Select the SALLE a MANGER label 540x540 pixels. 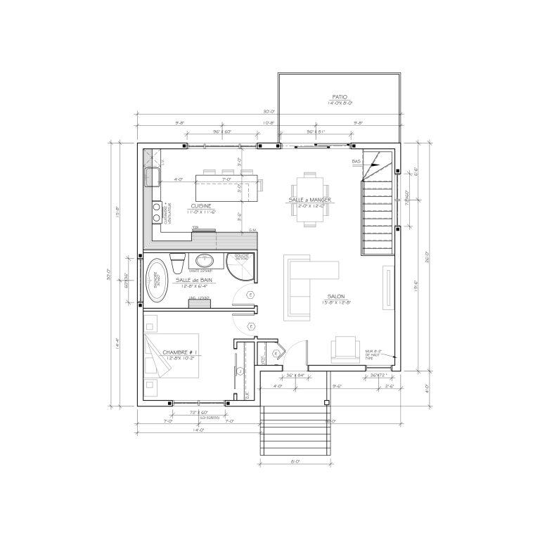coord(309,200)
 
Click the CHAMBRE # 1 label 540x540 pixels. coord(182,352)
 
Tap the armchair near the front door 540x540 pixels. coord(345,348)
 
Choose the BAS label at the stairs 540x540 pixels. coord(356,162)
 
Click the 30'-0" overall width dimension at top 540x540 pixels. coord(268,112)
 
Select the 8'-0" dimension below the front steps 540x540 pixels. coord(294,461)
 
